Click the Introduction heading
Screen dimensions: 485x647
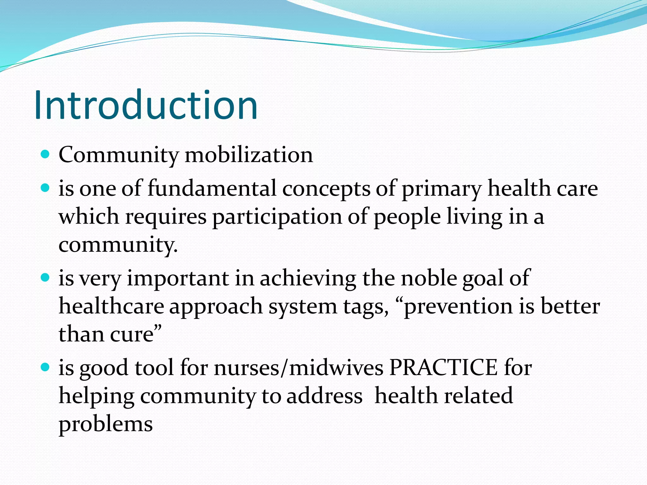point(146,105)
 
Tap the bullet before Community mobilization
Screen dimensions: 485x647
point(45,154)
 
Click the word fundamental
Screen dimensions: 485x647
point(212,188)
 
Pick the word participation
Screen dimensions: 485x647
point(277,218)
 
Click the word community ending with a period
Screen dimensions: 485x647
point(118,245)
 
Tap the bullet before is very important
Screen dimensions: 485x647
point(45,278)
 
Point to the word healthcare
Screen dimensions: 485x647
point(112,306)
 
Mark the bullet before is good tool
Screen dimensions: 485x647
point(45,367)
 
